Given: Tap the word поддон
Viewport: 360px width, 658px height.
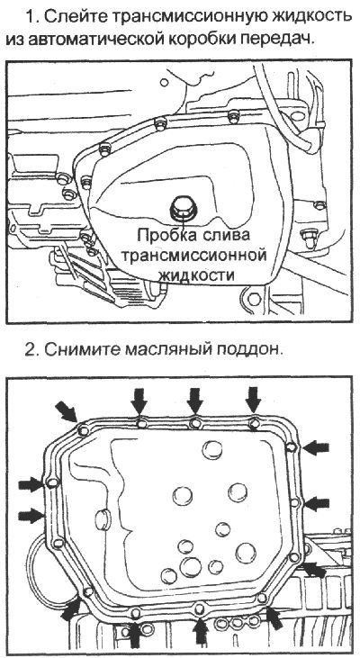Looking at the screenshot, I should [x=250, y=348].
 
